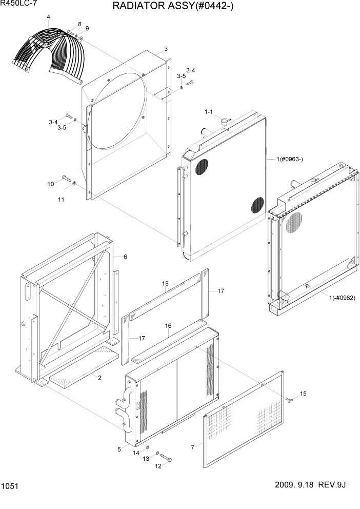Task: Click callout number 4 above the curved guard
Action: click(48, 17)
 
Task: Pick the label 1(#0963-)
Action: click(290, 159)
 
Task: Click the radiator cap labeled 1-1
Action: click(224, 122)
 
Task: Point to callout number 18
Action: click(165, 283)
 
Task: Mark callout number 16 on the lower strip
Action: click(168, 326)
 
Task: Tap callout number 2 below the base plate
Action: click(99, 378)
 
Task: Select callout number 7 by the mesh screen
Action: click(192, 448)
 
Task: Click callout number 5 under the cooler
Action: click(119, 449)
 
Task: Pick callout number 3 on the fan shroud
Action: click(166, 49)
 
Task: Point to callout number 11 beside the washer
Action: click(61, 199)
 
